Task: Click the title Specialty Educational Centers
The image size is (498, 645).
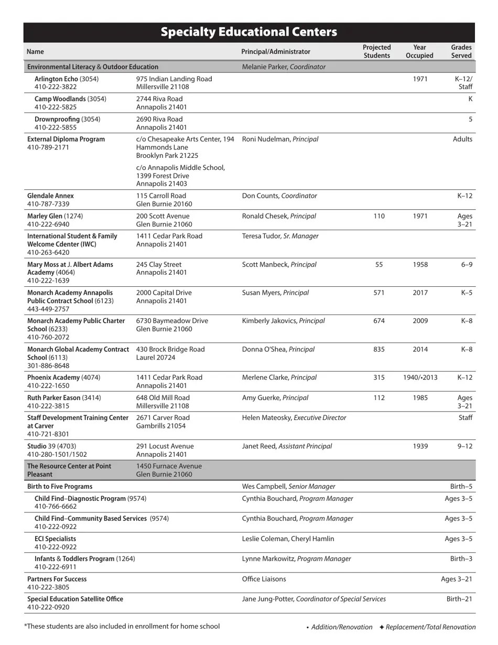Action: (x=248, y=32)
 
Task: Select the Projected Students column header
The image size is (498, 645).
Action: (x=376, y=51)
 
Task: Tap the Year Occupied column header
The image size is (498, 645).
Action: (x=419, y=51)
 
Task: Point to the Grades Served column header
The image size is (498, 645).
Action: (x=461, y=51)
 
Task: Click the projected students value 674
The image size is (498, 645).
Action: (x=378, y=321)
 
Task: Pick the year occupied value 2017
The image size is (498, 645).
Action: (x=419, y=293)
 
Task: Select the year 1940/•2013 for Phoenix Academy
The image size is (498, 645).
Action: (x=419, y=378)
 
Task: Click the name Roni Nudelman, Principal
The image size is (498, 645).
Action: (x=280, y=139)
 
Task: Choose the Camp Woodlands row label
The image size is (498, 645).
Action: (x=60, y=99)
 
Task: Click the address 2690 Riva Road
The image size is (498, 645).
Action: (x=159, y=120)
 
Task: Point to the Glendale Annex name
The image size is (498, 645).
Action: (x=50, y=196)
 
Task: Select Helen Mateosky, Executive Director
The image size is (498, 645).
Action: (x=294, y=418)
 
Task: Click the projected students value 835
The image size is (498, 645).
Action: (x=378, y=349)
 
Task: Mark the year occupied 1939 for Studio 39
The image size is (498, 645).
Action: (x=419, y=446)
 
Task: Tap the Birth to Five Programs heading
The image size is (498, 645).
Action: (x=60, y=487)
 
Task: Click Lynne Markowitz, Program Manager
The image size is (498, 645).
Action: (x=296, y=559)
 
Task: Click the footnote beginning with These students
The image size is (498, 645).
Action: (x=122, y=626)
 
